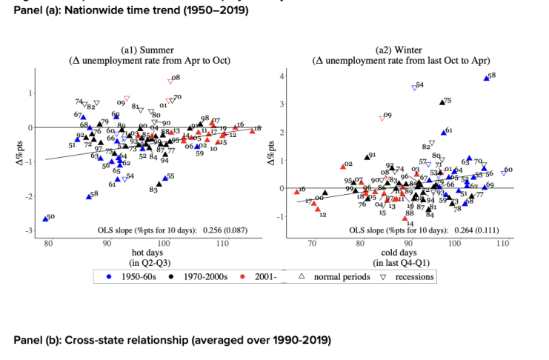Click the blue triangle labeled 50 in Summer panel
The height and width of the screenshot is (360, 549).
45,219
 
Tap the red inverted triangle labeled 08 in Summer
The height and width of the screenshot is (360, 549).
170,80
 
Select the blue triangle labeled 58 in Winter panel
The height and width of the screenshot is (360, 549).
486,78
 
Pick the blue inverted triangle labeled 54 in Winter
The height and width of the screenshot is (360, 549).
415,87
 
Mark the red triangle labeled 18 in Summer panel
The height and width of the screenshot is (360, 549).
252,131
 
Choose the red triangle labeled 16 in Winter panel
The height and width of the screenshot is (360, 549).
297,192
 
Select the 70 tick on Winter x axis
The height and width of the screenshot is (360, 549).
312,243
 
